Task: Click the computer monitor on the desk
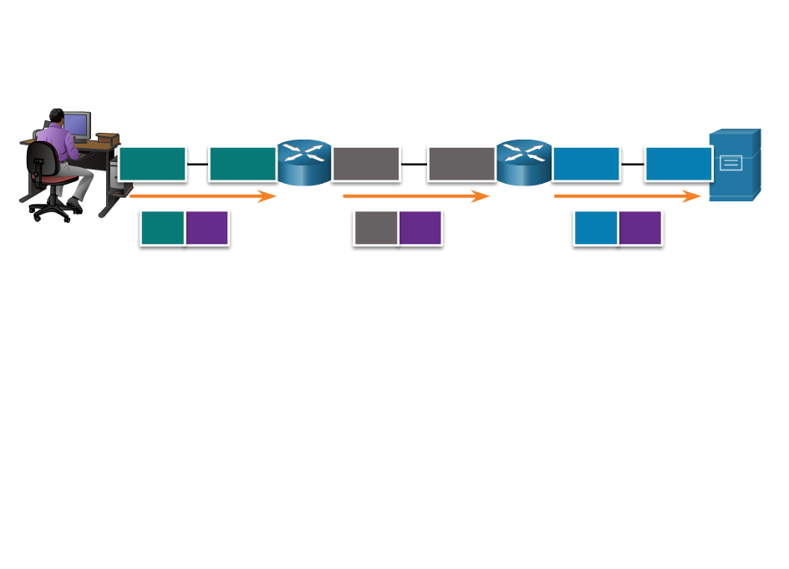point(77,124)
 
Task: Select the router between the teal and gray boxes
point(304,162)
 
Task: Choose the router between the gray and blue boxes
point(524,162)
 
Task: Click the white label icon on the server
point(730,163)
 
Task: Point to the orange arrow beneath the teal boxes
point(203,196)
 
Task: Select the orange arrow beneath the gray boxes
point(416,196)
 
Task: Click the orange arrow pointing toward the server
point(628,196)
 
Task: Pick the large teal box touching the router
point(242,164)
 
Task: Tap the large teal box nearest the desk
point(152,164)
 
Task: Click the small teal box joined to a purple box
point(162,228)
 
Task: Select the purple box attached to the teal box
point(207,228)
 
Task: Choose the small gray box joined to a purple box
point(375,228)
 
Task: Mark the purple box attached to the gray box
point(420,228)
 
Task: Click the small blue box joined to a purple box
point(595,228)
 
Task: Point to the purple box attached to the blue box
point(640,228)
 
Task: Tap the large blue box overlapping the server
point(678,164)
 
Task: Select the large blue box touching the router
point(586,164)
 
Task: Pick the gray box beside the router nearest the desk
point(366,164)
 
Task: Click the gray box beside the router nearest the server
point(461,164)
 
